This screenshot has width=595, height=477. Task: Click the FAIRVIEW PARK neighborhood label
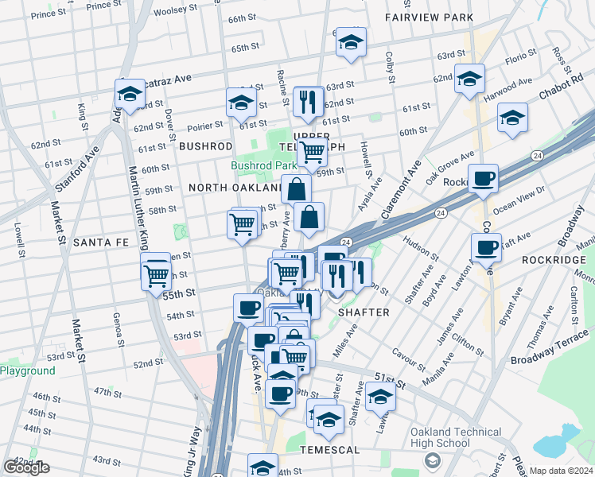pyautogui.click(x=428, y=17)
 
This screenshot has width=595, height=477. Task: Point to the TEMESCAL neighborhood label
pyautogui.click(x=321, y=450)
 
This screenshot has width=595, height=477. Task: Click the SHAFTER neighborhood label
pyautogui.click(x=364, y=312)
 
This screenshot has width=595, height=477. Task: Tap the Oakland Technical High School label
pyautogui.click(x=456, y=438)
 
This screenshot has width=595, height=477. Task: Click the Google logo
pyautogui.click(x=26, y=467)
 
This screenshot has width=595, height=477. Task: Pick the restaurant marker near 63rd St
pyautogui.click(x=307, y=101)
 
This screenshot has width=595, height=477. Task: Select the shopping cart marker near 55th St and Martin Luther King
pyautogui.click(x=157, y=274)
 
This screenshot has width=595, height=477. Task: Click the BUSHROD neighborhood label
pyautogui.click(x=205, y=146)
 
